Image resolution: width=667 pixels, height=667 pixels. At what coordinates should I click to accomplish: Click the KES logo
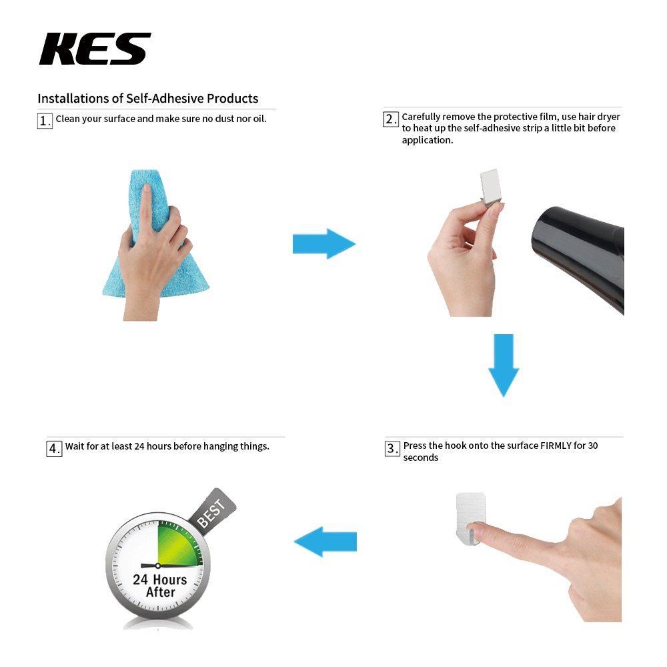(95, 49)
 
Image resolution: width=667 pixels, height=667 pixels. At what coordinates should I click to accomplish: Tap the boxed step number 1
(45, 121)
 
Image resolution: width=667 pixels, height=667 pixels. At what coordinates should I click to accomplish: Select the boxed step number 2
(391, 119)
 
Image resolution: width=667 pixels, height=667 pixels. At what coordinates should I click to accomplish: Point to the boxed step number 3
(392, 449)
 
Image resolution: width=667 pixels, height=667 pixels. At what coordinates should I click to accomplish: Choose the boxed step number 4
(54, 448)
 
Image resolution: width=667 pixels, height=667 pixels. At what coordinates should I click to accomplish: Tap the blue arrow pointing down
(504, 364)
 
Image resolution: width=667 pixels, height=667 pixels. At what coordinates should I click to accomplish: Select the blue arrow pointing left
(325, 541)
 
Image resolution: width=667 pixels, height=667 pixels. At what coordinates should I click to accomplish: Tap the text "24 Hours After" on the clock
(159, 586)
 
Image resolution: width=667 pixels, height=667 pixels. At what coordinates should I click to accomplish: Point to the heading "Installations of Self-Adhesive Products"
(147, 98)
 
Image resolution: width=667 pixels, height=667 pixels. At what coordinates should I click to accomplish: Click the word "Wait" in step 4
(75, 446)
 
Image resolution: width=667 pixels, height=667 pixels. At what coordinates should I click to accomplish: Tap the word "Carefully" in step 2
(423, 117)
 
